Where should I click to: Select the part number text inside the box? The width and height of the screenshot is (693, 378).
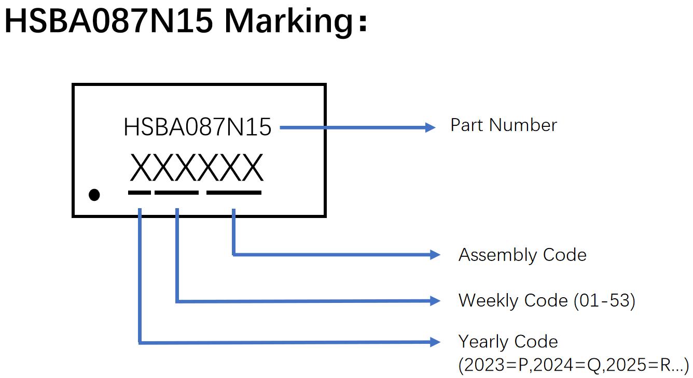pyautogui.click(x=197, y=127)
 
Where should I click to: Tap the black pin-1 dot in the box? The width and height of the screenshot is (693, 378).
pyautogui.click(x=94, y=195)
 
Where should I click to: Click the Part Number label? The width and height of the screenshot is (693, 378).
pyautogui.click(x=503, y=125)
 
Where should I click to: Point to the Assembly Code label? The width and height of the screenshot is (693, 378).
pyautogui.click(x=522, y=255)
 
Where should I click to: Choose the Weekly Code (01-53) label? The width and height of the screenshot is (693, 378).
pyautogui.click(x=547, y=300)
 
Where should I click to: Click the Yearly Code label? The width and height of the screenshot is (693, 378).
pyautogui.click(x=508, y=342)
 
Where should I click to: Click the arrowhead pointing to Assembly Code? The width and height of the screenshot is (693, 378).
pyautogui.click(x=435, y=254)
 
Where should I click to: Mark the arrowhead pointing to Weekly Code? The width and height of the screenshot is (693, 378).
pyautogui.click(x=435, y=300)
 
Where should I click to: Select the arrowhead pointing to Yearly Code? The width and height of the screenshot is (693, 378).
pyautogui.click(x=435, y=342)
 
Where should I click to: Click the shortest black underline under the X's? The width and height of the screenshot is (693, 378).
pyautogui.click(x=140, y=193)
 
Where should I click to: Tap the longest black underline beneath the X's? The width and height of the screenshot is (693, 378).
pyautogui.click(x=234, y=193)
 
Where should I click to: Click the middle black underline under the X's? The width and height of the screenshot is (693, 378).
pyautogui.click(x=176, y=193)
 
